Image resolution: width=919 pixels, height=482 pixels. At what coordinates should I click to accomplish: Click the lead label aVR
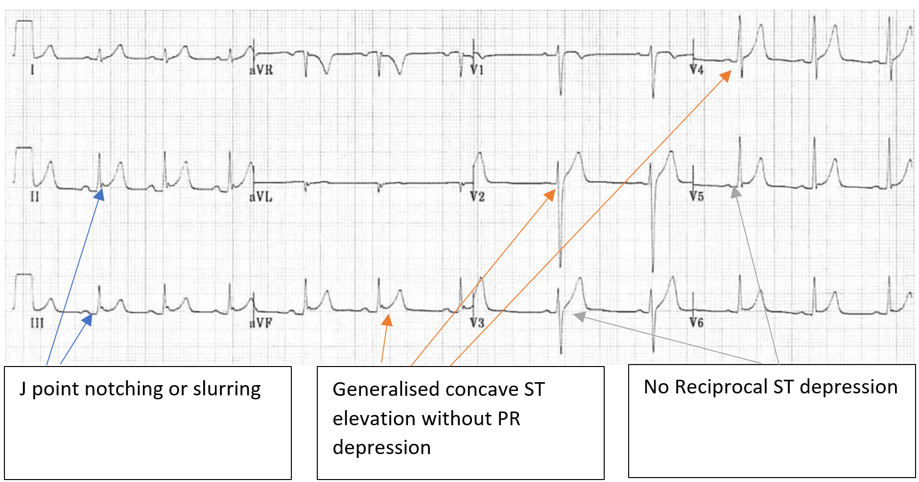tap(261, 70)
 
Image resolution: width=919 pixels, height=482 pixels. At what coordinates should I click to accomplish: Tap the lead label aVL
tap(260, 197)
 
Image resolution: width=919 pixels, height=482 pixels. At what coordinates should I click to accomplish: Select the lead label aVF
tap(260, 323)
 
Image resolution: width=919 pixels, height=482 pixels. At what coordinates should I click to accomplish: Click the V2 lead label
tap(477, 197)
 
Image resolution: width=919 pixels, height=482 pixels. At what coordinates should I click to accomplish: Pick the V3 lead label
tap(477, 323)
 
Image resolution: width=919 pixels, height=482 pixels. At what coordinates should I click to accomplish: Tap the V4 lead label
tap(696, 70)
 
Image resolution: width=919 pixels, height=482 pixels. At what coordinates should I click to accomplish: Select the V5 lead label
tap(696, 197)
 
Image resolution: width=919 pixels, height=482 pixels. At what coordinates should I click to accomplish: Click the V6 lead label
tap(696, 322)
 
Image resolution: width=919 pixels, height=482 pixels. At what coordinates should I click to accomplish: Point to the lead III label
tap(37, 323)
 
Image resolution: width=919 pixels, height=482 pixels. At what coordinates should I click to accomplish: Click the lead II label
tap(35, 197)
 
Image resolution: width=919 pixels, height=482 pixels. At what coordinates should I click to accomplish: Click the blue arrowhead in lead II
tap(99, 195)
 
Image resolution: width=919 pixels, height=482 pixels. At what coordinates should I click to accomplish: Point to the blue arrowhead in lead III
tap(88, 320)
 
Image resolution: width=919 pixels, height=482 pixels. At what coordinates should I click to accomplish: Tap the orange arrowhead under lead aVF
tap(387, 320)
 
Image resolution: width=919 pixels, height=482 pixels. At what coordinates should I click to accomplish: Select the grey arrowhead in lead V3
tap(579, 316)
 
